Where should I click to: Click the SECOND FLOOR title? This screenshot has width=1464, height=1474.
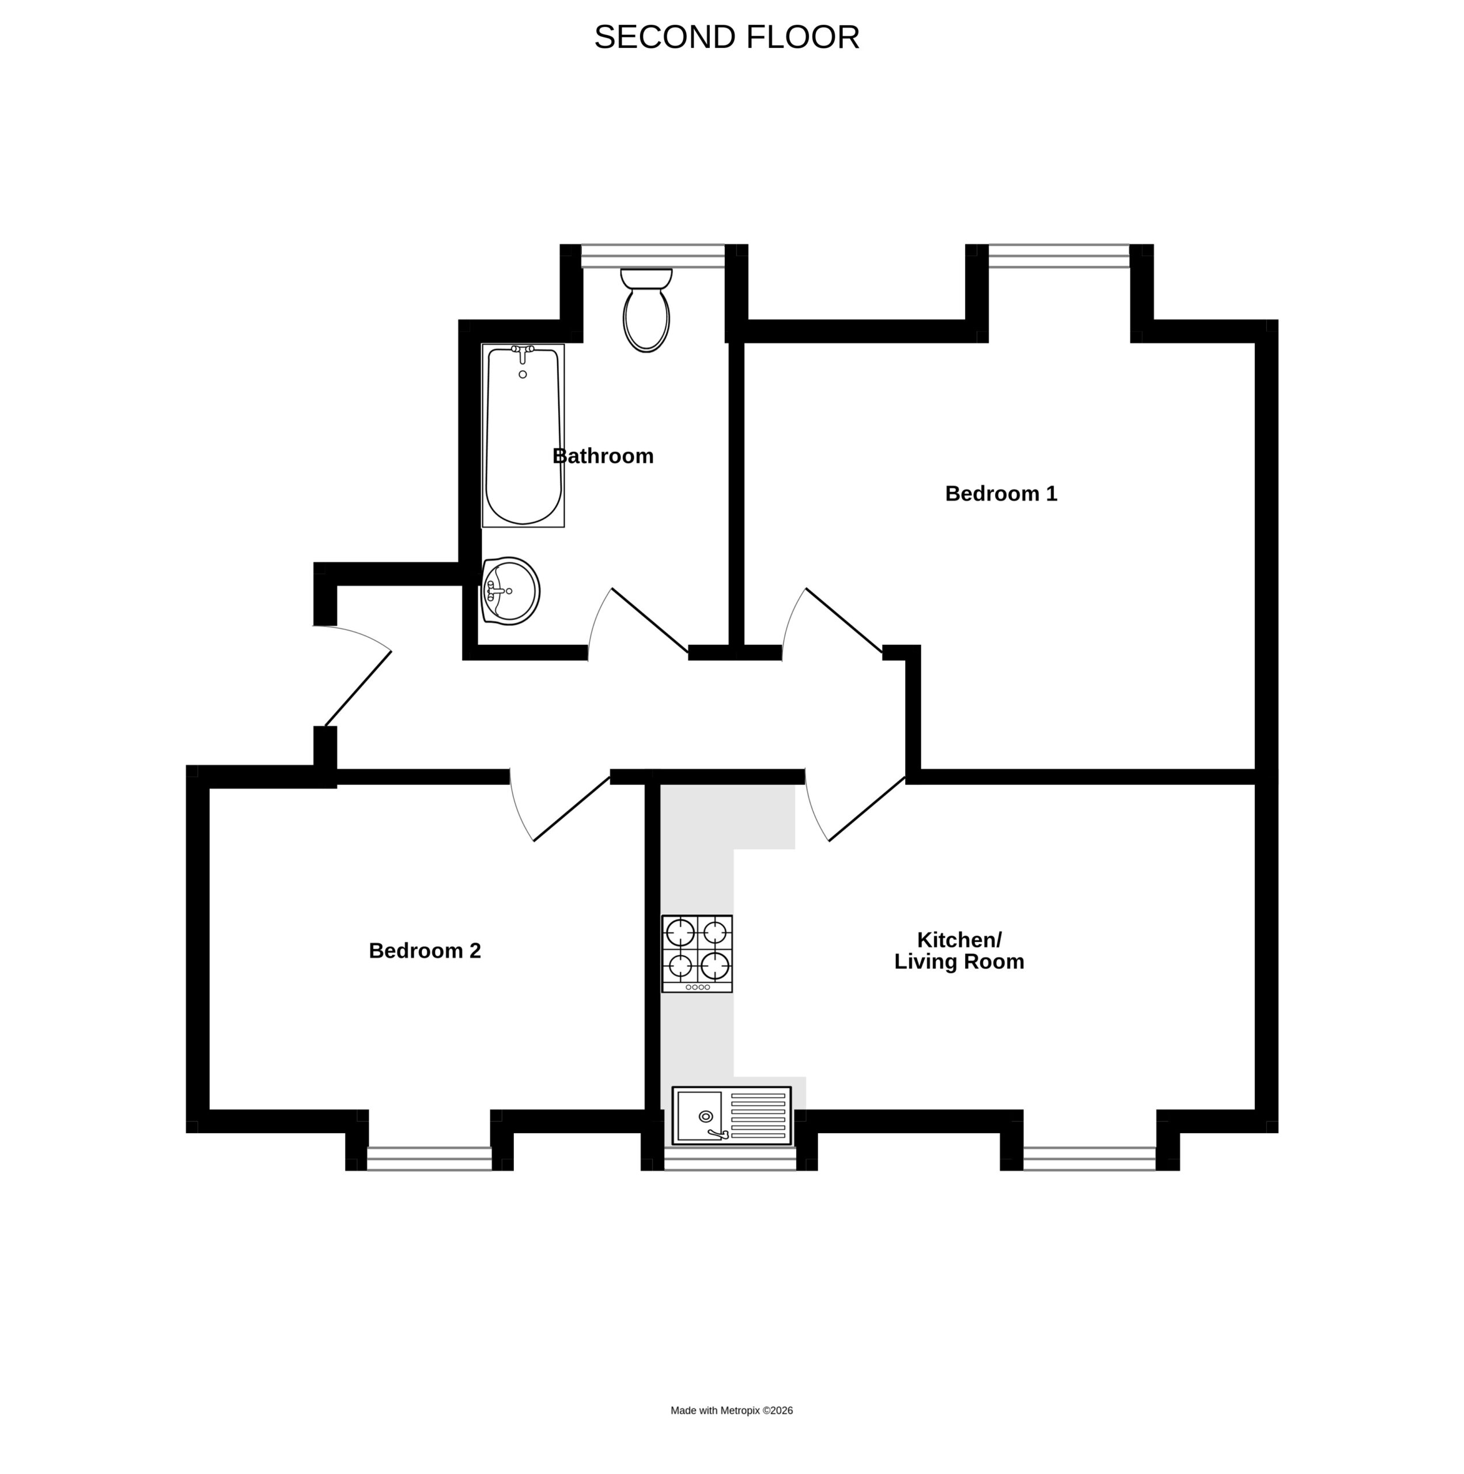[727, 37]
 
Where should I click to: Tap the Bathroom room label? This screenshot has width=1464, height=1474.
[603, 456]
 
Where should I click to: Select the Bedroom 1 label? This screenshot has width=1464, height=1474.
[1001, 493]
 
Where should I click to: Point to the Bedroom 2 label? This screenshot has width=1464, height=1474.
[425, 951]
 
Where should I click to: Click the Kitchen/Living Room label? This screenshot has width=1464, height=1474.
[959, 951]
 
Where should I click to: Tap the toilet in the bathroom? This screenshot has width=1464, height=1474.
[646, 310]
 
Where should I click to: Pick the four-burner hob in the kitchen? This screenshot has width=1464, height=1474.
[697, 953]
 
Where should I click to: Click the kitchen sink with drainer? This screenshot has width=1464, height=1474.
[731, 1115]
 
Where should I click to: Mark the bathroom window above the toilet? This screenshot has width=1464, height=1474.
[653, 256]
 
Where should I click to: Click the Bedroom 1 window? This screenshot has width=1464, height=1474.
[1059, 256]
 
